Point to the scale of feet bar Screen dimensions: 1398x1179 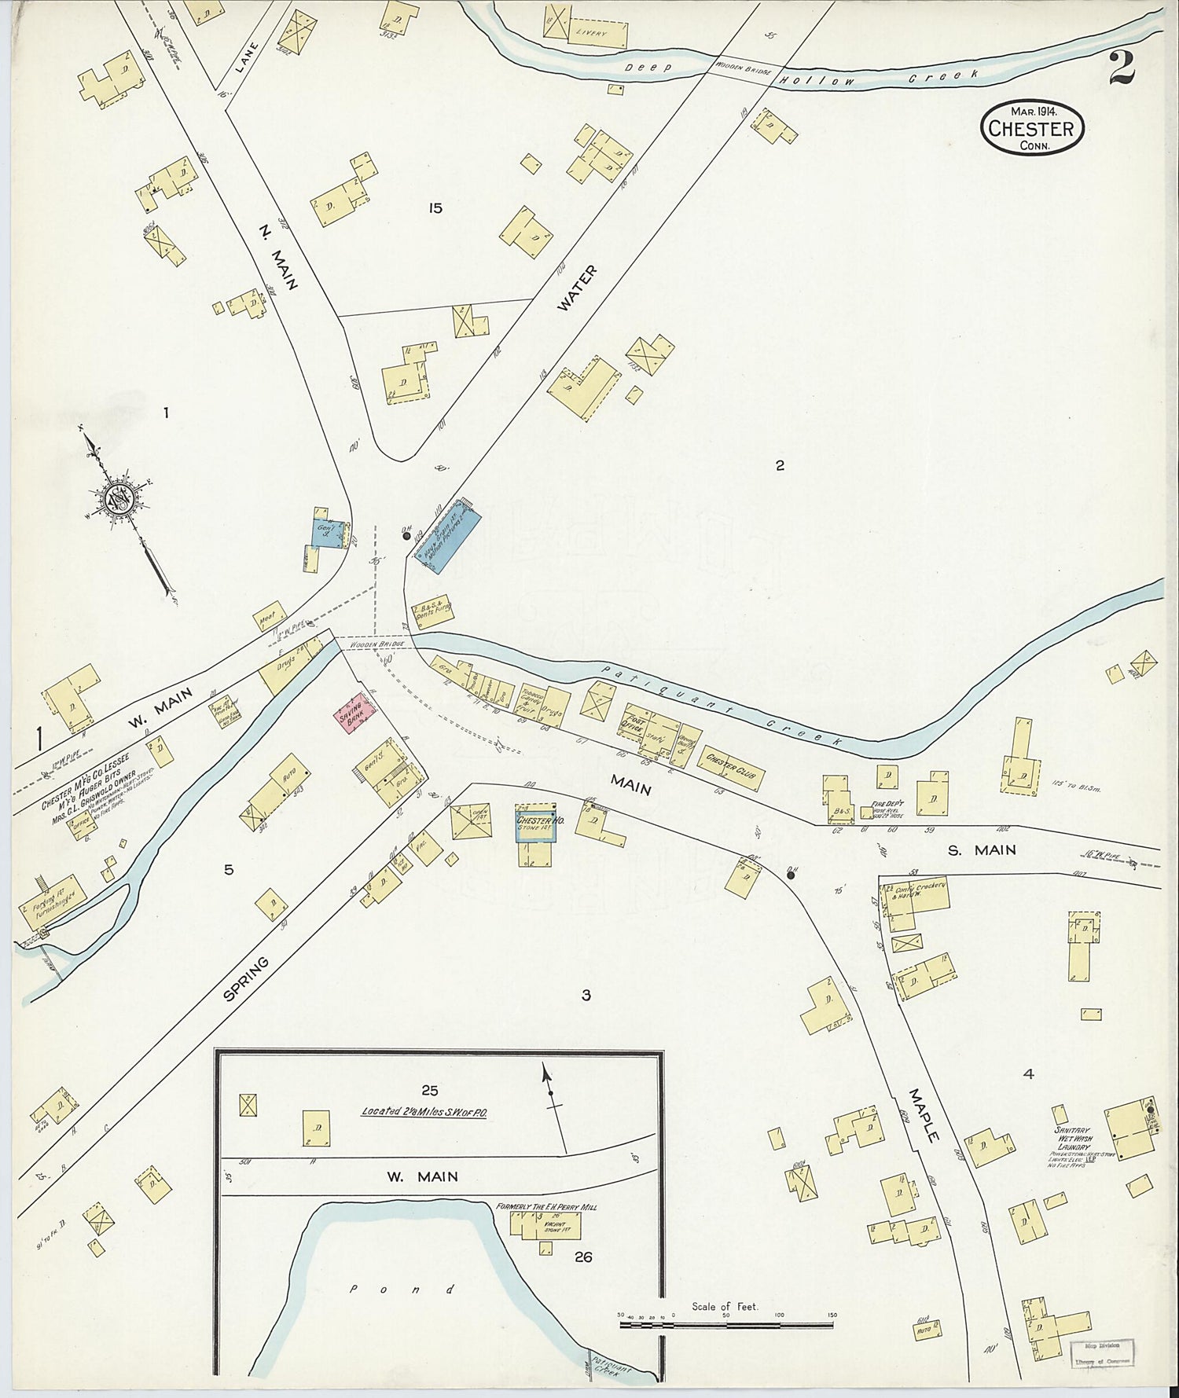tap(726, 1325)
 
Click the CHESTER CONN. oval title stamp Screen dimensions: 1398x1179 tap(1032, 127)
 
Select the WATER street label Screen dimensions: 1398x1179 tap(577, 289)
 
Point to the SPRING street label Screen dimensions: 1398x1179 tap(246, 978)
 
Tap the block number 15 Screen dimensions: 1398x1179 tap(435, 208)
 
